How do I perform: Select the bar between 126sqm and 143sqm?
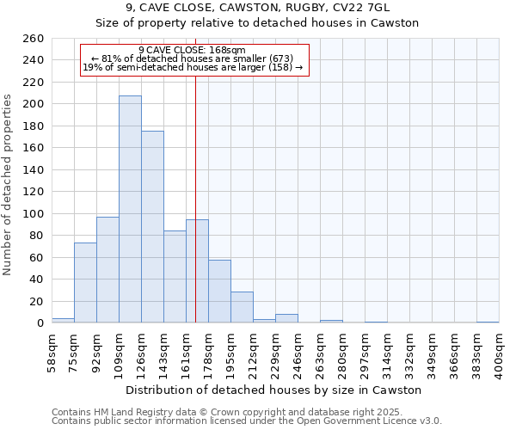coord(152,227)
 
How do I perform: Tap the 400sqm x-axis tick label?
coord(500,352)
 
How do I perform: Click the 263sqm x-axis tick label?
coord(321,352)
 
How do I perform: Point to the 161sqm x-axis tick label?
coord(187,352)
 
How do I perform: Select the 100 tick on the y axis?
coord(32,213)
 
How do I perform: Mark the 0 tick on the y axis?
coord(40,323)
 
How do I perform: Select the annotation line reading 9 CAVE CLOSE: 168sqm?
coord(192,50)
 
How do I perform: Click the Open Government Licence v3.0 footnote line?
coord(247,421)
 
